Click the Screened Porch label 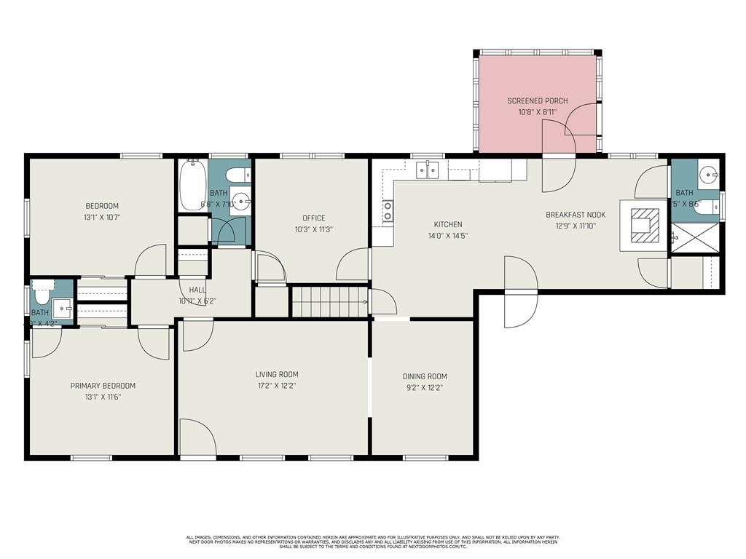[x=537, y=100]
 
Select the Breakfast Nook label [x=576, y=215]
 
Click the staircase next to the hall [x=329, y=301]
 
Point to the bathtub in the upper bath [x=193, y=185]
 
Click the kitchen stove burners [x=388, y=210]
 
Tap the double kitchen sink [x=427, y=170]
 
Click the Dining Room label [x=425, y=376]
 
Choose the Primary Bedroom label [x=103, y=386]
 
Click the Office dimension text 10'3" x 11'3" [x=314, y=229]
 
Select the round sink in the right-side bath [x=707, y=175]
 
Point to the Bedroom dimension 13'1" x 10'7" [x=102, y=217]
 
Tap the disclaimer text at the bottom [x=373, y=542]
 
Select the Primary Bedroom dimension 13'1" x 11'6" [x=103, y=397]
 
